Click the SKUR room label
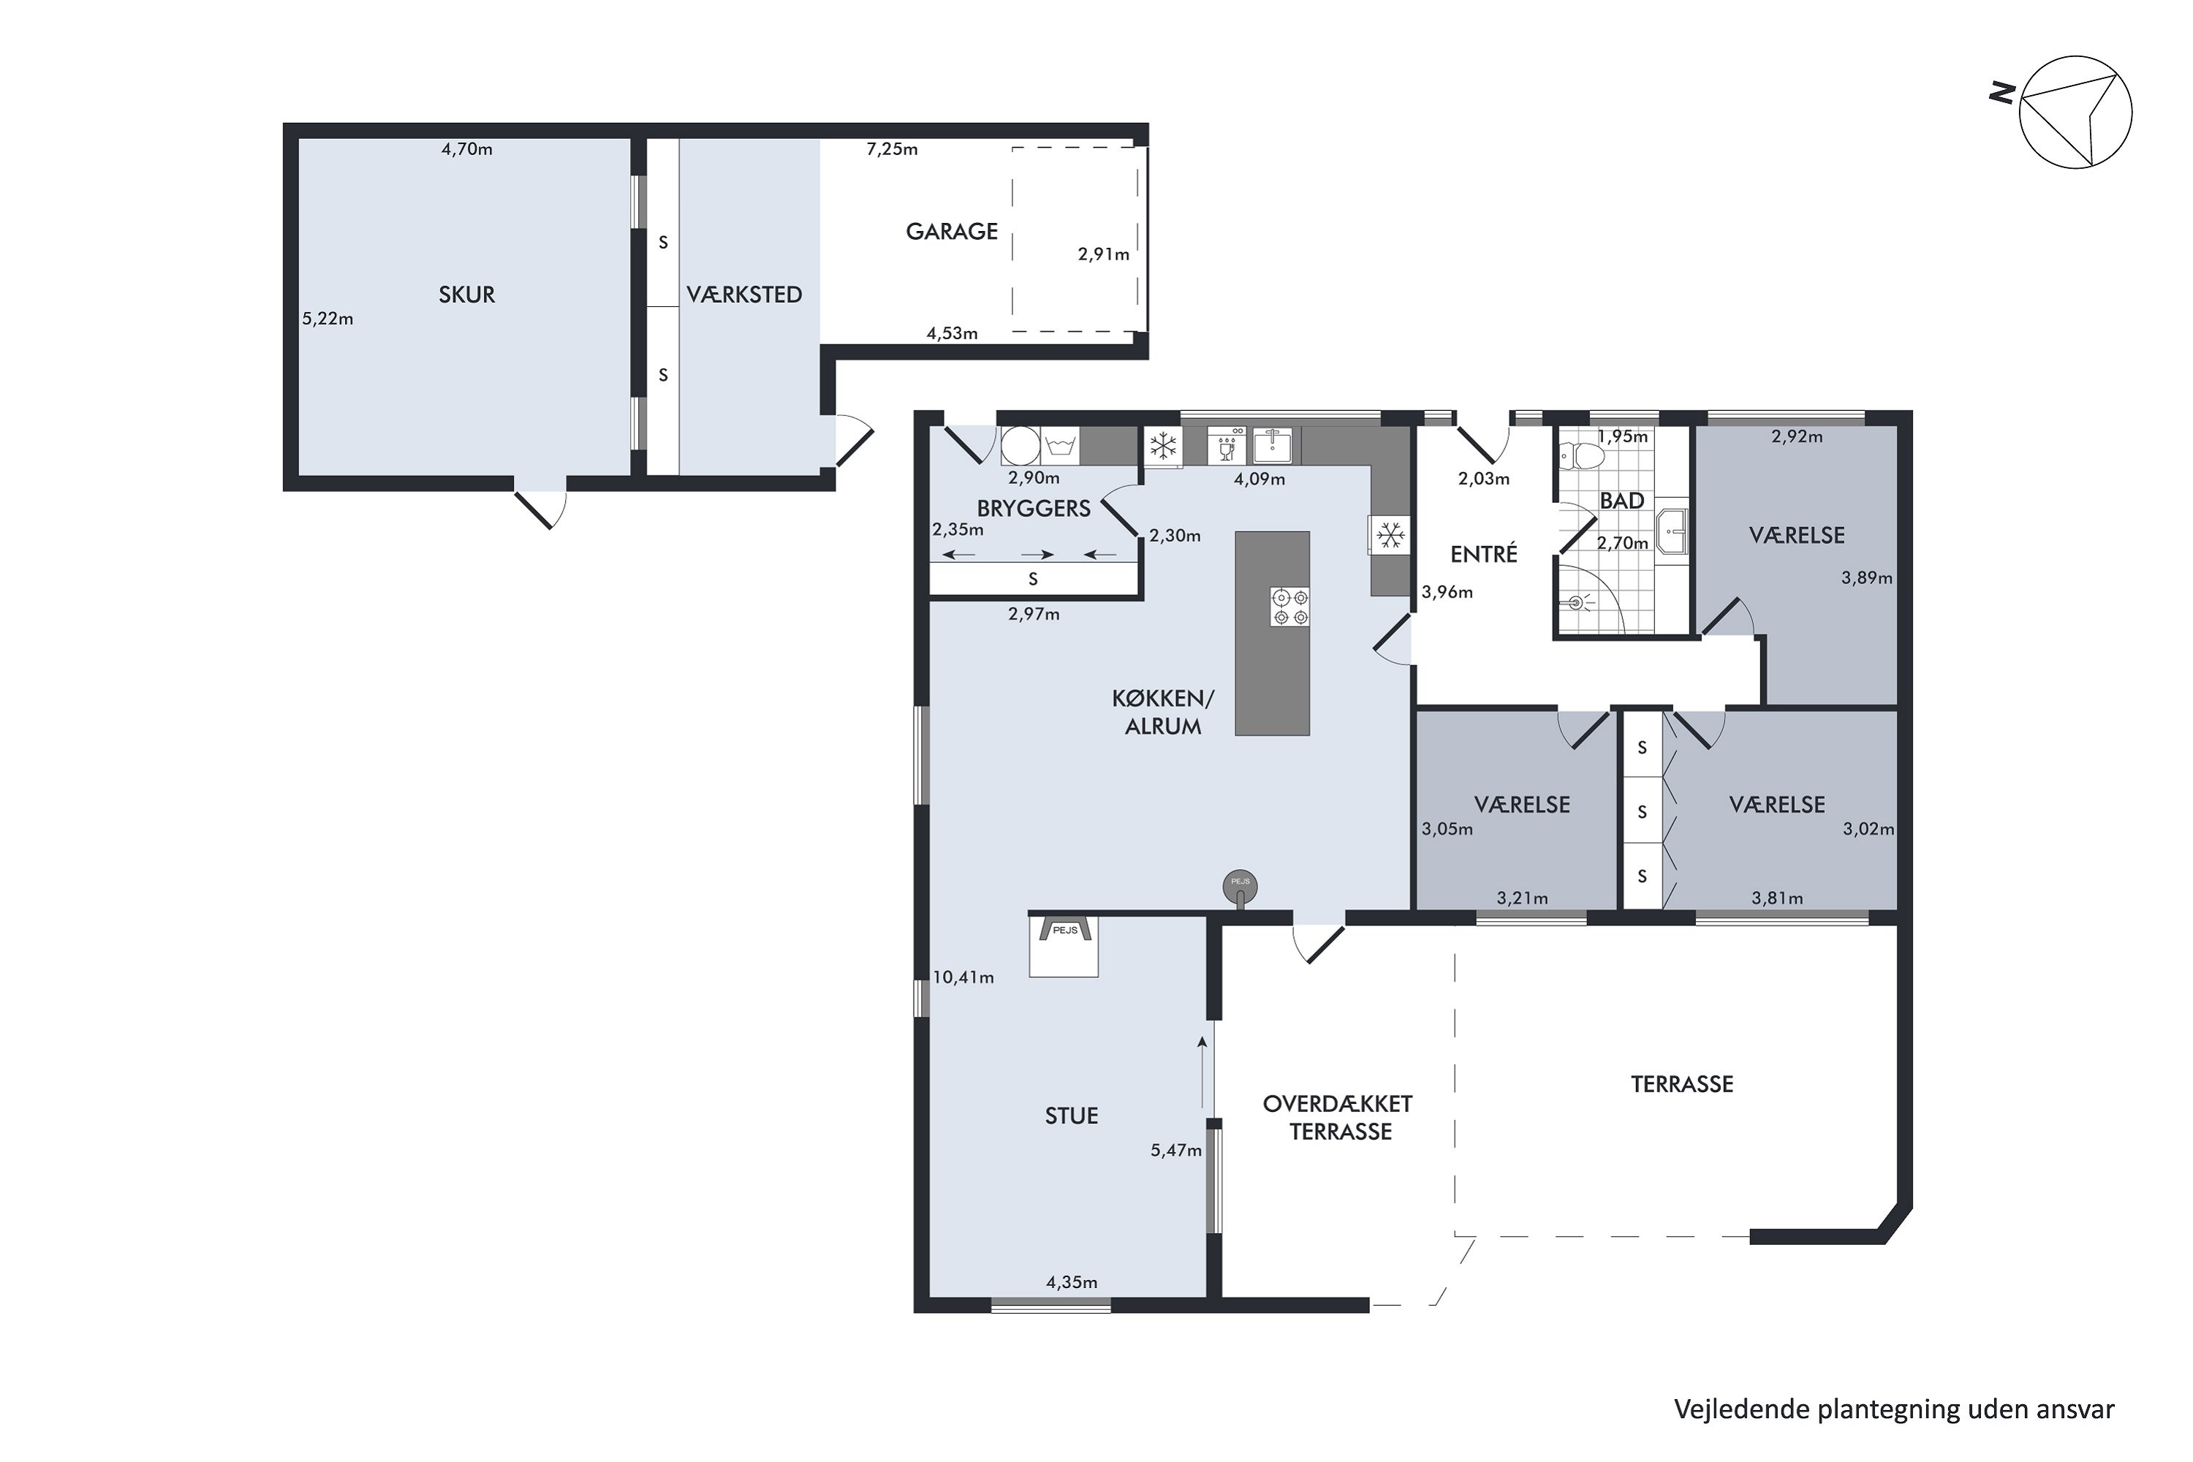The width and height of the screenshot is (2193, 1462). pyautogui.click(x=466, y=295)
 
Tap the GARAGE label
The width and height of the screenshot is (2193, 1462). pyautogui.click(x=951, y=231)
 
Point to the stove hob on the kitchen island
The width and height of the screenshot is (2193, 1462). pyautogui.click(x=1290, y=607)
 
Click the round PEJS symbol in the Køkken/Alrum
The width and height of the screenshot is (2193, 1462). pyautogui.click(x=1240, y=885)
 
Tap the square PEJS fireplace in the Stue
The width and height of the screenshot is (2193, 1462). pyautogui.click(x=1064, y=945)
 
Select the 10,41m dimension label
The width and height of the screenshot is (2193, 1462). pyautogui.click(x=963, y=978)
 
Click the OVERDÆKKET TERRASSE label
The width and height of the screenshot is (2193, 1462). pyautogui.click(x=1339, y=1118)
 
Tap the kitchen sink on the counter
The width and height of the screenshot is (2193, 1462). pyautogui.click(x=1272, y=446)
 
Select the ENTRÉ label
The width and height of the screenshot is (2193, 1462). pyautogui.click(x=1483, y=555)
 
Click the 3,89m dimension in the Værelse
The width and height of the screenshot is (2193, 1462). pyautogui.click(x=1867, y=578)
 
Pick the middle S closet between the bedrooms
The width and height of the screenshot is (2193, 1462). pyautogui.click(x=1642, y=812)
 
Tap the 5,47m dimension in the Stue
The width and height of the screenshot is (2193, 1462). pyautogui.click(x=1175, y=1151)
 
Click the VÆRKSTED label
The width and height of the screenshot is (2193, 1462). pyautogui.click(x=744, y=295)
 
